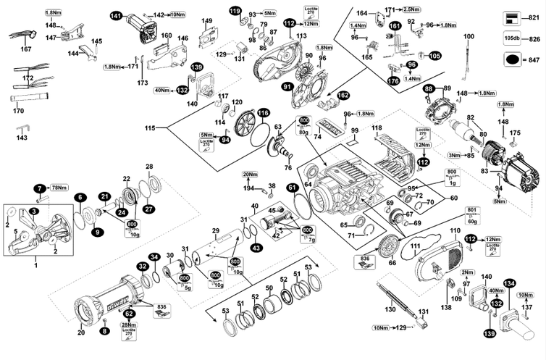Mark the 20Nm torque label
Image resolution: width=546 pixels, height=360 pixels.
250,175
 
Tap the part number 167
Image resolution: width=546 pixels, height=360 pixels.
27,49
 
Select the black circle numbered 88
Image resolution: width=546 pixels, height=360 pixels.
429,88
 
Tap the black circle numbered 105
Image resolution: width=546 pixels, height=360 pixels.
434,56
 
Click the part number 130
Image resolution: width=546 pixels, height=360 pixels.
390,309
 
